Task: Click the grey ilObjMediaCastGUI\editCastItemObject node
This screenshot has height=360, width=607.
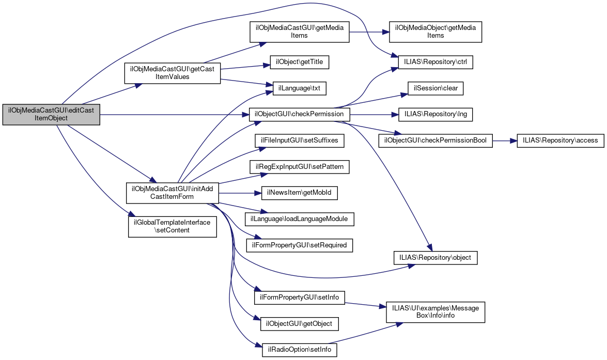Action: click(51, 114)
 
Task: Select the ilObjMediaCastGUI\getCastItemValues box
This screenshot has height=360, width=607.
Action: click(172, 73)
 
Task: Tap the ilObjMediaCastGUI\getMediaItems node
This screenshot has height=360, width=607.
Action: click(300, 32)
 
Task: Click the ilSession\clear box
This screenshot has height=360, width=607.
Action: click(435, 88)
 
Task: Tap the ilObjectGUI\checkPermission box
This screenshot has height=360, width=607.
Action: click(300, 114)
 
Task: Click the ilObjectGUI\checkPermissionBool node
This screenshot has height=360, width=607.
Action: click(435, 140)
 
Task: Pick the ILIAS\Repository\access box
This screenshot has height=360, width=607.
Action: click(560, 140)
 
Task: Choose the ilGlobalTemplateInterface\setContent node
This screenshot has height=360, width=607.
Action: click(172, 226)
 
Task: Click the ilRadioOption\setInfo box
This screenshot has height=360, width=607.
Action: click(300, 350)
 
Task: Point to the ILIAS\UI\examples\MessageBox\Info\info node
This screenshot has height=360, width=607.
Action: click(433, 311)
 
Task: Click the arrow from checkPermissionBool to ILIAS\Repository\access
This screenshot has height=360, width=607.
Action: click(505, 140)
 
